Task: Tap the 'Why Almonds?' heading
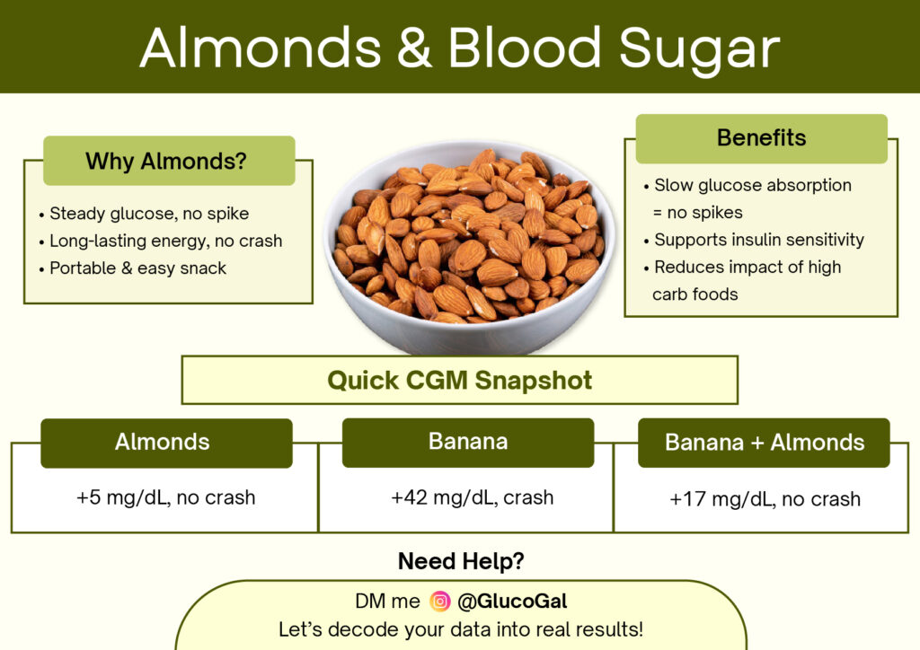click(x=169, y=162)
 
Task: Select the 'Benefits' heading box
click(x=761, y=138)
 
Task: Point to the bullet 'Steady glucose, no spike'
click(x=148, y=214)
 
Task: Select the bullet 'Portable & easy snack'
click(x=137, y=268)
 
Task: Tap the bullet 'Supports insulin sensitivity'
click(x=758, y=240)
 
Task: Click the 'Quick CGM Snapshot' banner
click(x=459, y=380)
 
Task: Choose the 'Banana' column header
click(x=468, y=442)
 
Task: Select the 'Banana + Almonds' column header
click(x=764, y=443)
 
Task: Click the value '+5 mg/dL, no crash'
click(x=166, y=496)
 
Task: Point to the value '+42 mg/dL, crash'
click(x=472, y=496)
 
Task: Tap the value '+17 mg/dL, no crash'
click(x=765, y=498)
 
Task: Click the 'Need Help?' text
click(x=461, y=562)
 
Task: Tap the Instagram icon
click(x=439, y=602)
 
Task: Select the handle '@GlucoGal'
click(x=512, y=602)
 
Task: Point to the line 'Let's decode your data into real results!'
click(x=460, y=629)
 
